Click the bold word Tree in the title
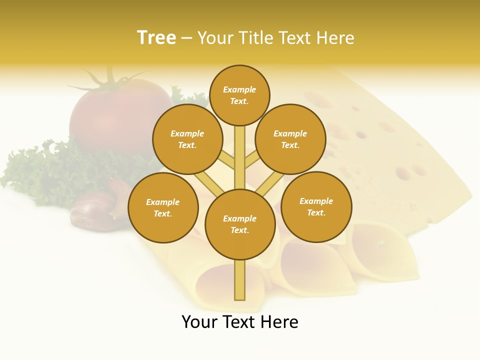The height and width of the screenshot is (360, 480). pos(156,38)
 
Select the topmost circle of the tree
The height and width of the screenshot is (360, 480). pos(239,95)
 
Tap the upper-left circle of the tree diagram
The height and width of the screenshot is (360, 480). pos(187,139)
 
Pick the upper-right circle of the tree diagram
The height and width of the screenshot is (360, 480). pos(290,139)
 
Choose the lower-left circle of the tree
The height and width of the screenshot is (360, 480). pos(163,208)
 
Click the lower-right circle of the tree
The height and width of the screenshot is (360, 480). pos(316,207)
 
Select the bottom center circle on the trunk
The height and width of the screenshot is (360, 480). pos(240,224)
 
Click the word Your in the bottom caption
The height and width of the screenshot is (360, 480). pos(200,322)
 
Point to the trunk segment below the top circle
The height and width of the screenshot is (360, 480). pos(240,155)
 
